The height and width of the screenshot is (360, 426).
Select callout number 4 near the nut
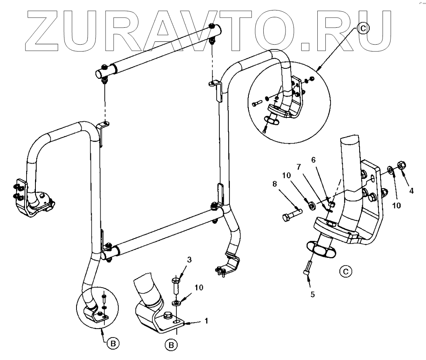411,191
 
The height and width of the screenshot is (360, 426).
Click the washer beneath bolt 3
176,302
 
